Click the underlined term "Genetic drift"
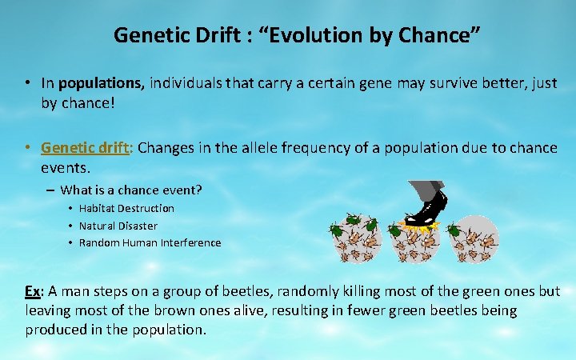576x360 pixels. pos(86,147)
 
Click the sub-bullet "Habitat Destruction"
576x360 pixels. pos(126,208)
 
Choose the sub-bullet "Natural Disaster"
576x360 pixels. pos(118,226)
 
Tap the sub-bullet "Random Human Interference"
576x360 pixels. pos(150,242)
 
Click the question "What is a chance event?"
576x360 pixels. pos(131,190)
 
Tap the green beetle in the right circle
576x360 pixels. pos(454,231)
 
